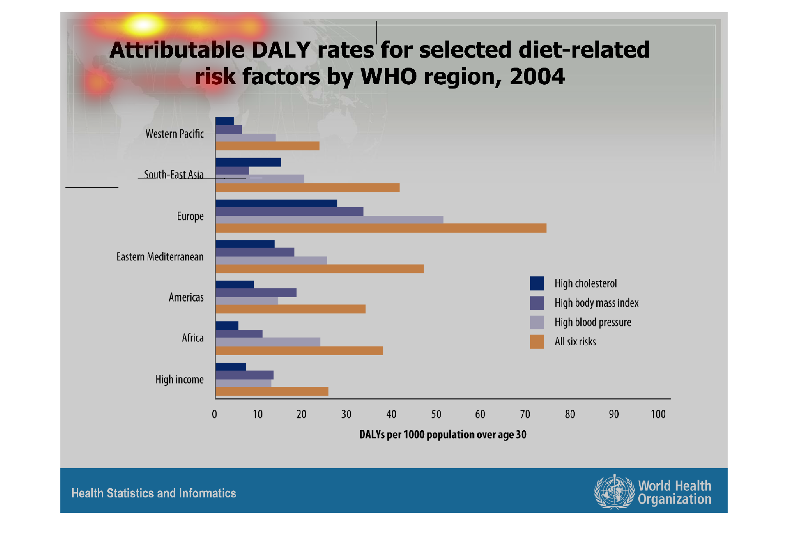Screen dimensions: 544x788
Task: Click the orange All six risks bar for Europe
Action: tap(380, 228)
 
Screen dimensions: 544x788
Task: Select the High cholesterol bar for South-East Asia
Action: tap(248, 162)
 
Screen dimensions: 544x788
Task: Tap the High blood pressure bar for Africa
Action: tap(267, 342)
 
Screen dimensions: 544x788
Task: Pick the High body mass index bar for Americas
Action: tap(256, 293)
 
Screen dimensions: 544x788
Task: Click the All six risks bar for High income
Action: tap(272, 391)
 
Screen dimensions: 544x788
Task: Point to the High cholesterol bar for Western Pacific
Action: tap(224, 121)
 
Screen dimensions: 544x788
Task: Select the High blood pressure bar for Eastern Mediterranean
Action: tap(271, 260)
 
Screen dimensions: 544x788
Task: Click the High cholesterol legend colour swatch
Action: tap(537, 283)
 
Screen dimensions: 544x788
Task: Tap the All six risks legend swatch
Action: tap(537, 342)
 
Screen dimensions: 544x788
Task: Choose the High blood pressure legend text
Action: tap(593, 322)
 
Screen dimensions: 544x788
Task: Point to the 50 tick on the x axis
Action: tap(436, 414)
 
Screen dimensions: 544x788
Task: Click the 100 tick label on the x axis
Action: tap(658, 414)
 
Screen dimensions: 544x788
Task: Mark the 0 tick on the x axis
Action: tap(214, 414)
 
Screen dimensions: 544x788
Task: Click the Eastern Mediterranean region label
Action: tap(160, 257)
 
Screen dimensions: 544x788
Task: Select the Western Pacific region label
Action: tap(175, 134)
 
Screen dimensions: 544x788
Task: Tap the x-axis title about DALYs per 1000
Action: tap(443, 434)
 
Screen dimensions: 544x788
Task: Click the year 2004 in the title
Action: tap(537, 76)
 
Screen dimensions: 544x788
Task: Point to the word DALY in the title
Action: tap(281, 50)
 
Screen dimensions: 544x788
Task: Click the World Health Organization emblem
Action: tap(614, 492)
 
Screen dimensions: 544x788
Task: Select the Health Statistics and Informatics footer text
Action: tap(154, 493)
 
